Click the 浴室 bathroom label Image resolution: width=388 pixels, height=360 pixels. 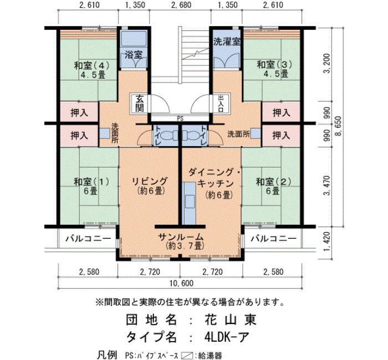134,54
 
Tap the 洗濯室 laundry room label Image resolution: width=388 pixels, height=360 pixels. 227,42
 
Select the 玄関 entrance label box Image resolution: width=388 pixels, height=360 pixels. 139,103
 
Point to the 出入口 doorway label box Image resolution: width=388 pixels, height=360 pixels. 221,103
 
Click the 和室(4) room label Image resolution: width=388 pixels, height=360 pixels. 91,66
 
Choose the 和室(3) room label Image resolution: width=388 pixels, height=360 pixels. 274,65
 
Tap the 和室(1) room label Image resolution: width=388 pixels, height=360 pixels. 91,182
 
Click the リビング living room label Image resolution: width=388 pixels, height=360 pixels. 150,181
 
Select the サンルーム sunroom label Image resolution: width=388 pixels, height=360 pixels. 181,237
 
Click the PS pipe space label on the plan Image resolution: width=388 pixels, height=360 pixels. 180,119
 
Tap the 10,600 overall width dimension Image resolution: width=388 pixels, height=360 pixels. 181,284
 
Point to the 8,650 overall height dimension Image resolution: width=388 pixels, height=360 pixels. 339,126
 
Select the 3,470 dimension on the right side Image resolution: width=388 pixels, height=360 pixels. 327,186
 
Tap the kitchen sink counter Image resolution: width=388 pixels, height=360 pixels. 188,203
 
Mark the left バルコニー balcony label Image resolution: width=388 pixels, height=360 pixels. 88,239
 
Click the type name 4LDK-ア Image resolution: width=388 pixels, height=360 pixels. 226,337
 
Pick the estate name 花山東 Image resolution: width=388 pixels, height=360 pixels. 230,320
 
